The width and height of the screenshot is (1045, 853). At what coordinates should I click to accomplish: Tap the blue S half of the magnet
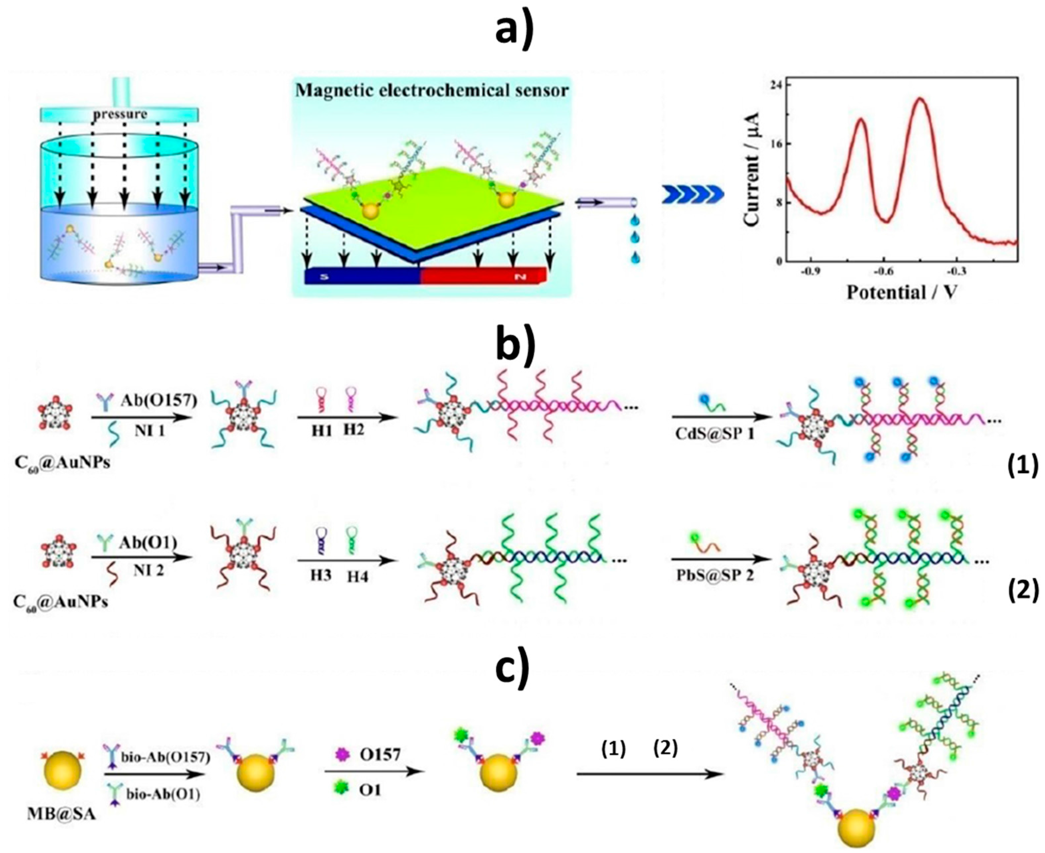point(361,277)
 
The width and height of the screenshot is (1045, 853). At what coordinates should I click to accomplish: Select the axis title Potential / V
point(902,293)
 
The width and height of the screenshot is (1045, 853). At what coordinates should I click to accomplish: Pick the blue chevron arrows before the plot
point(693,195)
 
